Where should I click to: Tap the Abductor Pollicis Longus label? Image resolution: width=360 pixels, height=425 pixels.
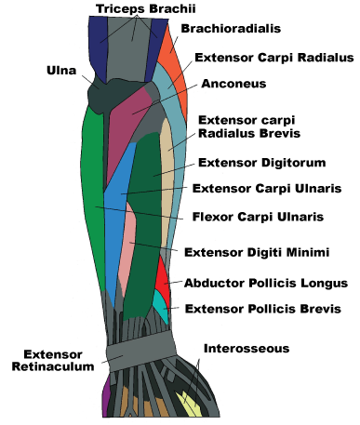[x=265, y=283]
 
